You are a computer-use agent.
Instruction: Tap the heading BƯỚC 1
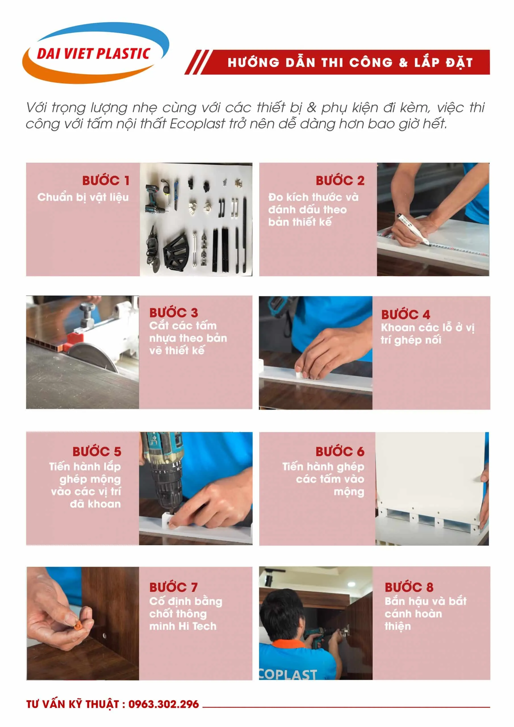(x=106, y=181)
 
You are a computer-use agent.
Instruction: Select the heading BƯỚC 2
(x=340, y=181)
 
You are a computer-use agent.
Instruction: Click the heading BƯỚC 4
(x=405, y=314)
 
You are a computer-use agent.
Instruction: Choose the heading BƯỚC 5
(x=97, y=451)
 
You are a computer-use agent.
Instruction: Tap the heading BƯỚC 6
(x=340, y=451)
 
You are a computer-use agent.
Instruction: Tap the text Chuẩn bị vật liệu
(x=83, y=197)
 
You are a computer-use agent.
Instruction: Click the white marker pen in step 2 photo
(x=413, y=229)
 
